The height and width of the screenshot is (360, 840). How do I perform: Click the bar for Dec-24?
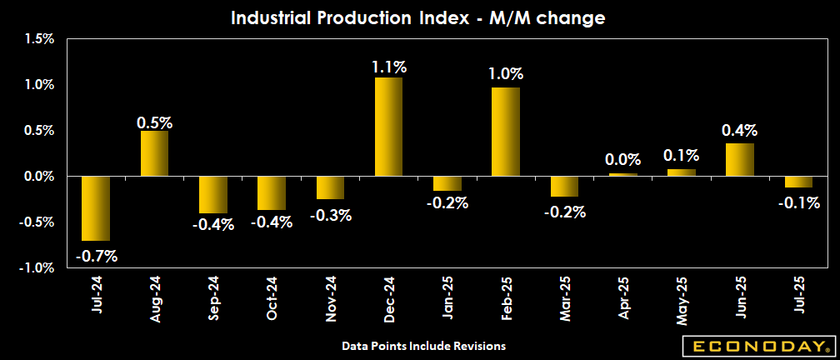point(388,127)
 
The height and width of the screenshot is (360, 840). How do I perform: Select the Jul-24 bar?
point(96,208)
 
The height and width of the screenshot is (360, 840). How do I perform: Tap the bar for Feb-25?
point(506,132)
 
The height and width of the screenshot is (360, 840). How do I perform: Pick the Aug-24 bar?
point(154,153)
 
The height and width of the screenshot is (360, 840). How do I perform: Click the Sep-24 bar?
point(213,195)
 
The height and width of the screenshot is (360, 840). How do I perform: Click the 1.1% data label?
point(388,67)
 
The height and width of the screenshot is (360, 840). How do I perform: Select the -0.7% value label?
point(97,256)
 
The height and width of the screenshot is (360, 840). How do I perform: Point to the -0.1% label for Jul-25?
point(799,202)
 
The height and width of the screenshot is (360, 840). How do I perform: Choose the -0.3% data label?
point(331,215)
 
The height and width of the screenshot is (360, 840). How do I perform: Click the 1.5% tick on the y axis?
point(38,38)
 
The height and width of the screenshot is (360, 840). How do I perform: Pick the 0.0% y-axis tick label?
point(38,177)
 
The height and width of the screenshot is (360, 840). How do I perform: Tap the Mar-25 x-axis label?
point(565,298)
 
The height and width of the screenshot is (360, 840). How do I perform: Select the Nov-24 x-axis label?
point(331,299)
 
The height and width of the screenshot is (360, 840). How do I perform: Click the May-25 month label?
point(682,299)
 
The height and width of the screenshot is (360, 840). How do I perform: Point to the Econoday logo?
point(757,345)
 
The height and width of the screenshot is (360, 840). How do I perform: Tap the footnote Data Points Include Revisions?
point(423,345)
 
